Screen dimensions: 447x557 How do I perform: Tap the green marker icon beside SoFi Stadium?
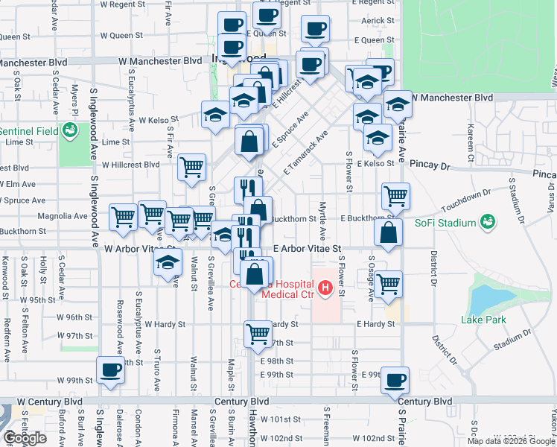[x=488, y=222]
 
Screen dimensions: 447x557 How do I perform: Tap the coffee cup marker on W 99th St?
[x=111, y=370]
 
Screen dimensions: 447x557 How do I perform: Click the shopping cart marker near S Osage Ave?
[x=389, y=284]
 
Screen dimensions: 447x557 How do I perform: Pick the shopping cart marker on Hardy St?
[x=258, y=333]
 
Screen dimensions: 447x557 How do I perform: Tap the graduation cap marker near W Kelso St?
[x=216, y=115]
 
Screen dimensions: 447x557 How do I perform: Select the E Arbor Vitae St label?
[x=307, y=248]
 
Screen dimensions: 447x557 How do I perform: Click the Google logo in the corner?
[x=25, y=438]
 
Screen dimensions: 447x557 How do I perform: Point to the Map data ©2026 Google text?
[x=510, y=441]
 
